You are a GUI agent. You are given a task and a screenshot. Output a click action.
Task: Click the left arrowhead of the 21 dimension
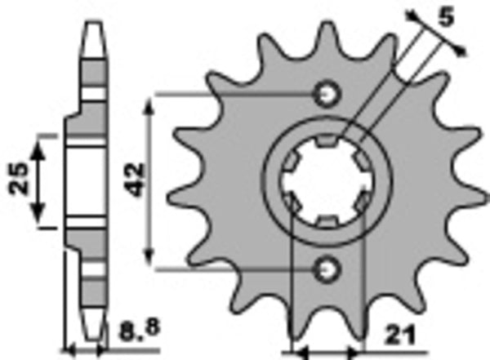pyautogui.click(x=299, y=351)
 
